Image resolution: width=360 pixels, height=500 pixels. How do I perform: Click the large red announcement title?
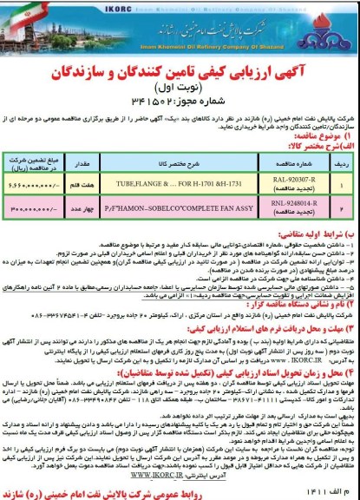[x=179, y=65]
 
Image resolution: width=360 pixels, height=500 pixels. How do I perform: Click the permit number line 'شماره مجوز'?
[x=180, y=95]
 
